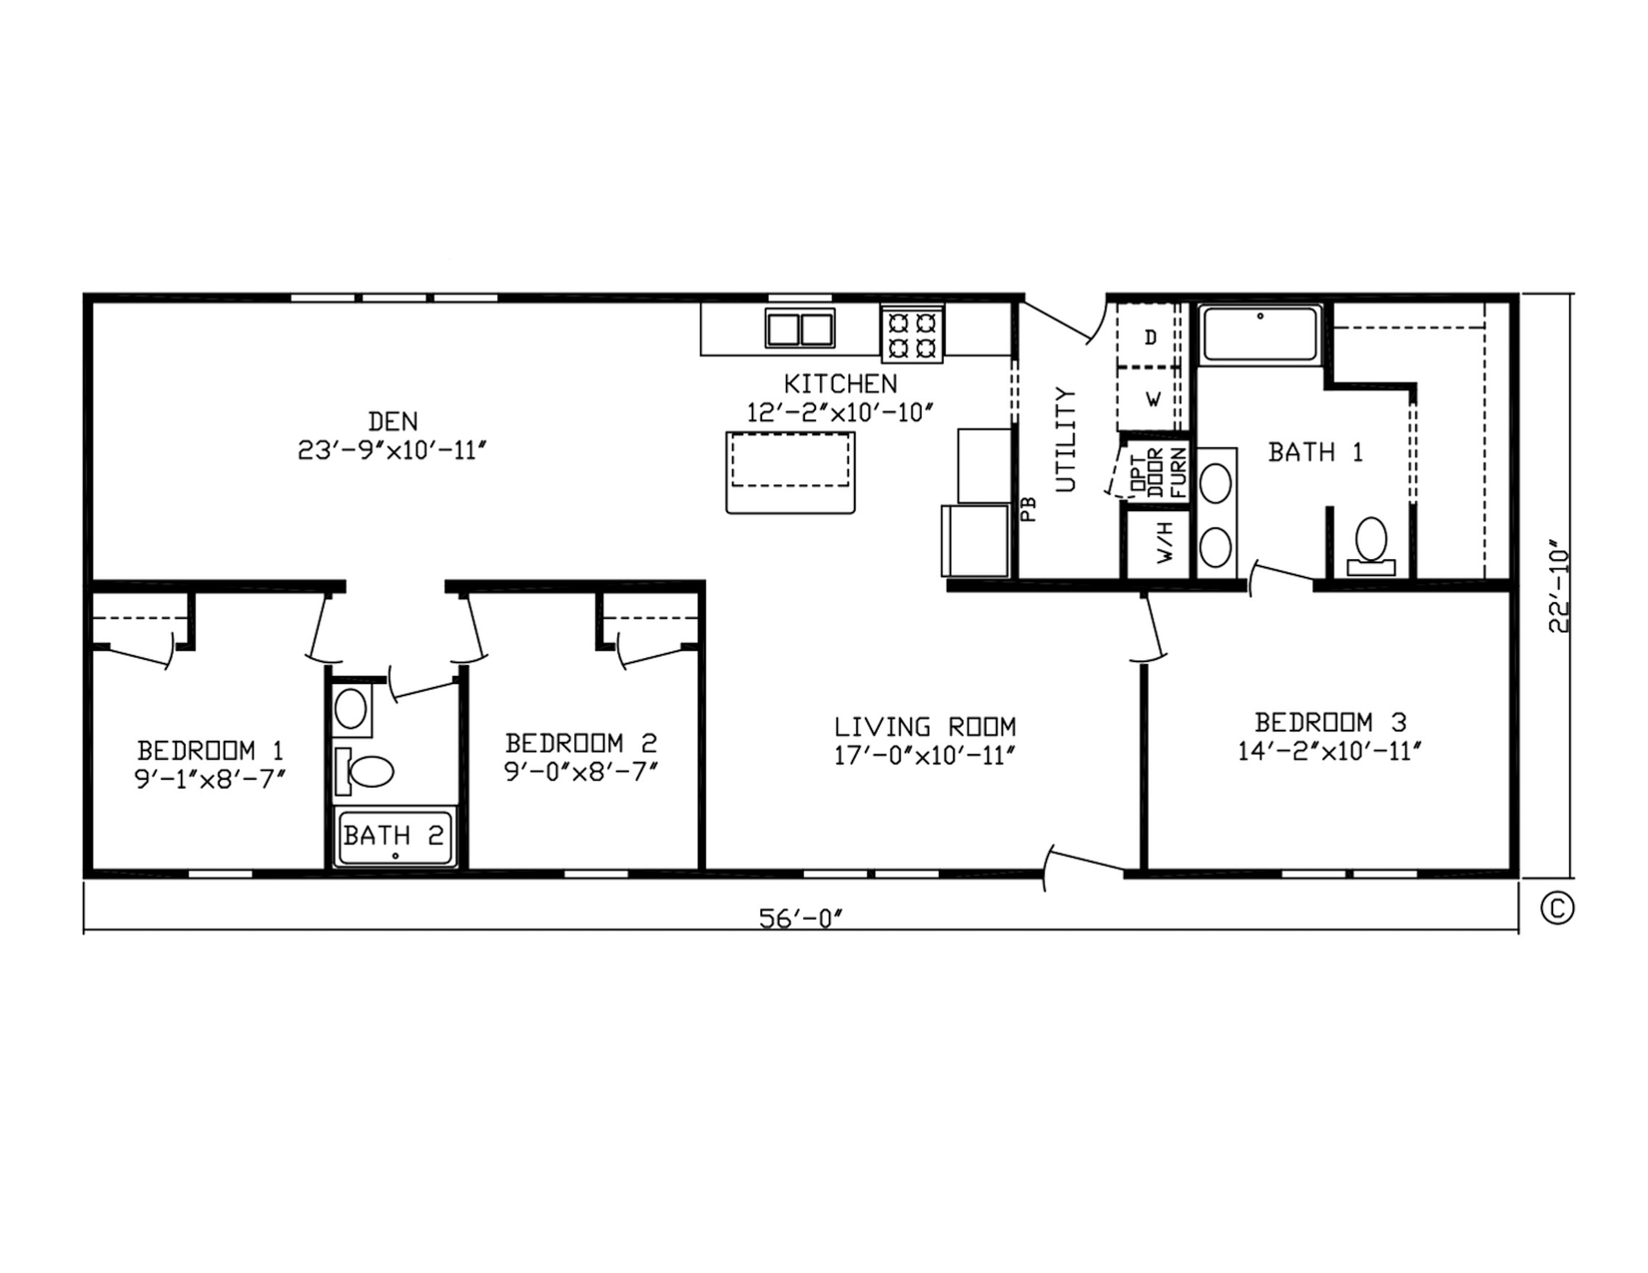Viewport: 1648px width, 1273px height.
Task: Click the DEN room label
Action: click(393, 420)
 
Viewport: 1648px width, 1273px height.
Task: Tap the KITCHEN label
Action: click(840, 383)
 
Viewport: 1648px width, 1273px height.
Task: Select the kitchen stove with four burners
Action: click(912, 334)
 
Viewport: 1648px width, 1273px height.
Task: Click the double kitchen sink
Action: click(799, 328)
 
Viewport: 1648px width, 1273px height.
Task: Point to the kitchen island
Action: click(790, 472)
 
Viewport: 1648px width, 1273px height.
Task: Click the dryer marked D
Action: click(1150, 336)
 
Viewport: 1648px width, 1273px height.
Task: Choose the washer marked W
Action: click(1152, 399)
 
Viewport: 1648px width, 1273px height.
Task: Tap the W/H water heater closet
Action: click(1158, 542)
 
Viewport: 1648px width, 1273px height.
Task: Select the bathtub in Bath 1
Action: click(1259, 333)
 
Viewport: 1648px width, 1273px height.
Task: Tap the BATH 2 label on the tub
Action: click(394, 836)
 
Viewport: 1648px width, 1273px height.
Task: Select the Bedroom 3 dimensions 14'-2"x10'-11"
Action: click(1329, 752)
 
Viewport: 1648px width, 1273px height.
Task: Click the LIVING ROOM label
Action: click(925, 727)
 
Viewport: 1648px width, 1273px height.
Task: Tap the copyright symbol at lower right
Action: click(1558, 908)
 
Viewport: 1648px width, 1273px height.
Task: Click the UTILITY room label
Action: click(1066, 439)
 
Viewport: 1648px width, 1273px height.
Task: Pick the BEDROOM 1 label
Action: click(210, 751)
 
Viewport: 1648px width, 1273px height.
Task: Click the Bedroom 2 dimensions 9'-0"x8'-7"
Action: click(580, 771)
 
